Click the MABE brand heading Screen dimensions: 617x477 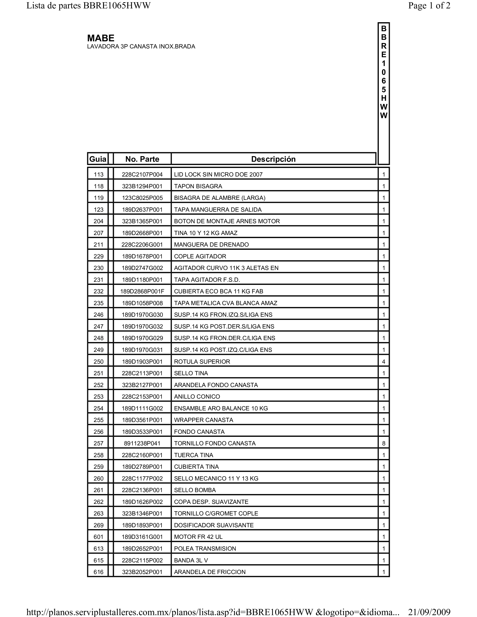point(101,38)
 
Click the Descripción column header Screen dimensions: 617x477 point(273,159)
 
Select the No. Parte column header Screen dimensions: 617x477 point(142,159)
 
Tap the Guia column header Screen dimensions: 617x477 point(98,159)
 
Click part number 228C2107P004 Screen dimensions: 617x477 point(142,175)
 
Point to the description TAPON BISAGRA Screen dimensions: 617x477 point(198,186)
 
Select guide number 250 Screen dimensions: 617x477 point(98,362)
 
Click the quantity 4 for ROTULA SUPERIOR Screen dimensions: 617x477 point(383,362)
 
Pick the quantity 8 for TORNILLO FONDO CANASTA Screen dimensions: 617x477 point(383,443)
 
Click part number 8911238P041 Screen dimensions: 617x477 point(142,443)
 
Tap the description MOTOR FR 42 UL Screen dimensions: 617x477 point(198,537)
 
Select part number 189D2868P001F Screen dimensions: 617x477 point(142,291)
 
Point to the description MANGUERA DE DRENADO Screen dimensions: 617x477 point(211,245)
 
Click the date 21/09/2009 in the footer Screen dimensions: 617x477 point(429,612)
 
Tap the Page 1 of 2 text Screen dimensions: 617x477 point(429,6)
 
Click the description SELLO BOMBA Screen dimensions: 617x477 point(195,490)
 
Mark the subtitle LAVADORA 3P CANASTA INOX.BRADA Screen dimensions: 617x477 point(141,47)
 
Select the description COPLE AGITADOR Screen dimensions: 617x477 point(200,256)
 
